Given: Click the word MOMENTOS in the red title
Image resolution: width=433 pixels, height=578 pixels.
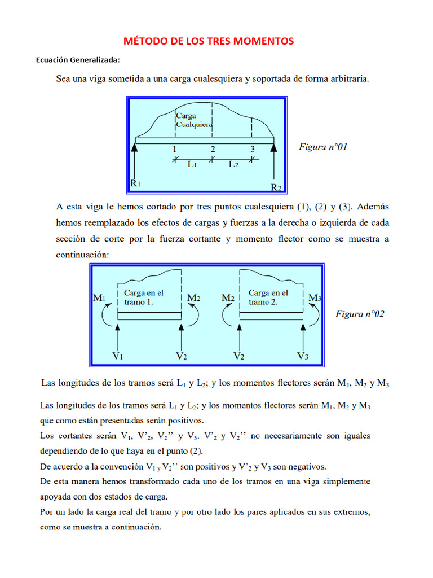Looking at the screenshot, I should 265,41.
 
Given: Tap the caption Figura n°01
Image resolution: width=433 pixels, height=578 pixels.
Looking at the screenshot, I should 323,147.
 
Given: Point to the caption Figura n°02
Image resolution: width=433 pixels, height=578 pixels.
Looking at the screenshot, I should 360,314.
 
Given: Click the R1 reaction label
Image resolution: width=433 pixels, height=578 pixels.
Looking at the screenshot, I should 135,183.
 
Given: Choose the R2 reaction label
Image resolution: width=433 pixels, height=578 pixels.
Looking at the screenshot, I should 276,187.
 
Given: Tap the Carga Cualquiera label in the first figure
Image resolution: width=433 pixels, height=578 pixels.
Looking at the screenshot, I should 194,120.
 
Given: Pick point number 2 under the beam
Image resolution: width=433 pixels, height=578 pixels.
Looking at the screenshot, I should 213,150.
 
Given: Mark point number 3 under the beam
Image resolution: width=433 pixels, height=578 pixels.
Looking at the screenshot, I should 253,150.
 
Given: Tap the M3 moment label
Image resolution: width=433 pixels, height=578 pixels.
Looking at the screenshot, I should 315,297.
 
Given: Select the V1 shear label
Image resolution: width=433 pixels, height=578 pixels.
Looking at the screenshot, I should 118,356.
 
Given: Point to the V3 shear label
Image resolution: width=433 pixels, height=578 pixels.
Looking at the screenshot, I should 303,356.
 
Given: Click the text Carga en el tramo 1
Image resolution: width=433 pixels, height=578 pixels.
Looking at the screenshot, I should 144,297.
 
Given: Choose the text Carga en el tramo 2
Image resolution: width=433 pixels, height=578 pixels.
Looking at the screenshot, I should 268,297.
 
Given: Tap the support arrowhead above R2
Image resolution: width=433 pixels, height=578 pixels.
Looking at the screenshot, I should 274,148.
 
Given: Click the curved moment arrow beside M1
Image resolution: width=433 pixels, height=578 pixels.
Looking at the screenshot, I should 104,316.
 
